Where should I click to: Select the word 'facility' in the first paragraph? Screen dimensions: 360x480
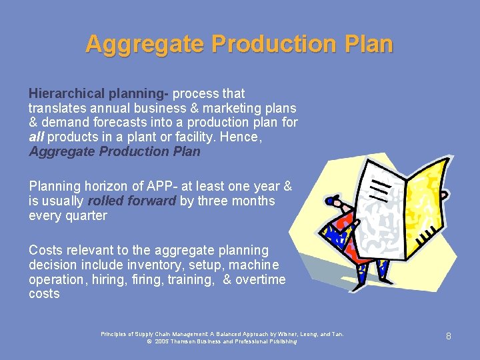click(x=212, y=137)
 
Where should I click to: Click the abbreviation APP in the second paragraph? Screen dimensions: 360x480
click(x=147, y=187)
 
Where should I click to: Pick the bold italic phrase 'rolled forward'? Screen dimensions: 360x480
click(x=131, y=201)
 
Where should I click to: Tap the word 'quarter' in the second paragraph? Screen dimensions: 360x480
click(x=85, y=215)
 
